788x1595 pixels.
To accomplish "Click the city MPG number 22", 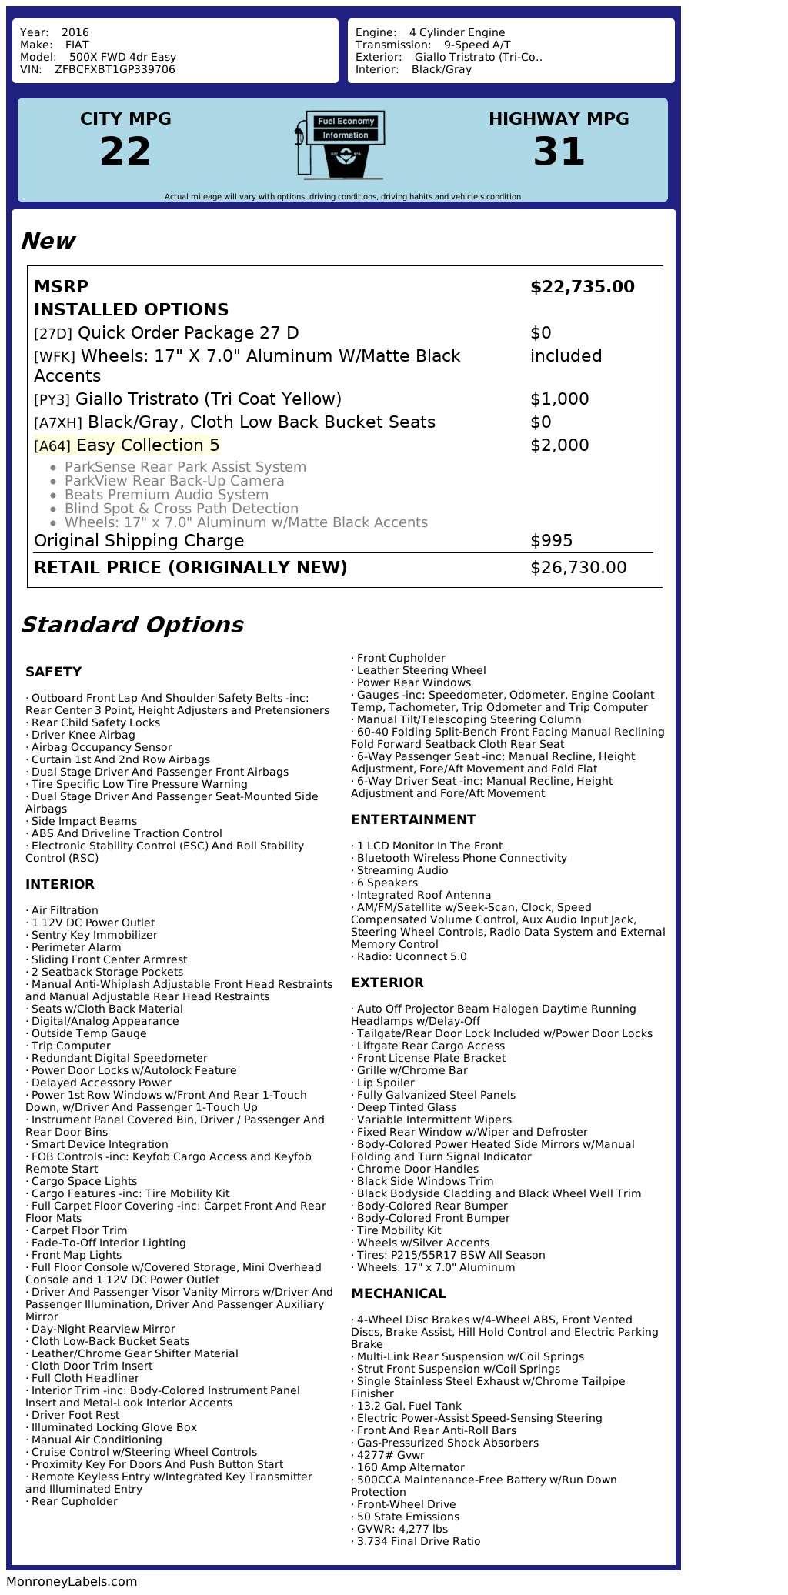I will (x=125, y=152).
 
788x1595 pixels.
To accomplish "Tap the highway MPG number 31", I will (x=559, y=152).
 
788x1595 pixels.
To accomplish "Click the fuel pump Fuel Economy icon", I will (x=339, y=144).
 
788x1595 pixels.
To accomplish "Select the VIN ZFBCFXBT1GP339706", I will (x=115, y=69).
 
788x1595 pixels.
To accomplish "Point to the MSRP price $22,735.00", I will (x=582, y=287).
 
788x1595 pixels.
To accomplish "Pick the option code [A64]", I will (x=52, y=446).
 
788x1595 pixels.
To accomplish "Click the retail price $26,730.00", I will (x=578, y=568).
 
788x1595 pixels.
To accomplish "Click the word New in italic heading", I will (x=48, y=241).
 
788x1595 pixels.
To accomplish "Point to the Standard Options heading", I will (x=132, y=625).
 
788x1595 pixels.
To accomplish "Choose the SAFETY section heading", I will (x=53, y=672).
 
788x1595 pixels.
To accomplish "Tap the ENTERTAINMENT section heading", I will (x=413, y=819).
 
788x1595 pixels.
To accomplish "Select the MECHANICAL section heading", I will (x=398, y=1293).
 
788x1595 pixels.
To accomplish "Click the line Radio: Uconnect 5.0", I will (x=411, y=956).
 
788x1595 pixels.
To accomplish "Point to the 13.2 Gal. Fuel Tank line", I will (x=409, y=1406).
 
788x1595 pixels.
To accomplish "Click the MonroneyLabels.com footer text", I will (x=72, y=1581).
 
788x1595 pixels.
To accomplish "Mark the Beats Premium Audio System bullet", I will (x=166, y=495).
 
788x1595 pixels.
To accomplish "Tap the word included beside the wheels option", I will (x=566, y=356).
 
